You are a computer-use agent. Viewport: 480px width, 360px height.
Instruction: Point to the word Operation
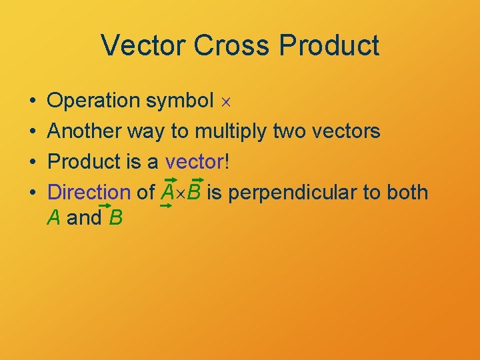93,101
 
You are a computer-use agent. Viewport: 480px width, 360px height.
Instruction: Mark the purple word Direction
89,193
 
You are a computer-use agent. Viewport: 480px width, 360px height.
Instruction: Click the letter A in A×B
168,193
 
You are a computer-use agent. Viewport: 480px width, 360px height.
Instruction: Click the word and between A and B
84,217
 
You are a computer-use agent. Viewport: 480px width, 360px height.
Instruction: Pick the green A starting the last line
55,217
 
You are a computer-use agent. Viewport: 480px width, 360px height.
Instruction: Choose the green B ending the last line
115,217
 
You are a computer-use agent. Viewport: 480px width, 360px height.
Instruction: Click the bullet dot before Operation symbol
33,101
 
